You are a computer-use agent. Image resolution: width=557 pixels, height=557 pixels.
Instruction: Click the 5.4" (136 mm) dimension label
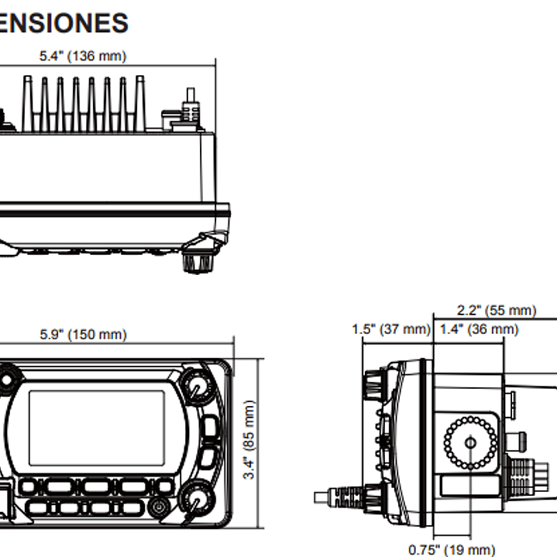[83, 56]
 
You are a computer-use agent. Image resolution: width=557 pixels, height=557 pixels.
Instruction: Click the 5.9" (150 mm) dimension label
[83, 335]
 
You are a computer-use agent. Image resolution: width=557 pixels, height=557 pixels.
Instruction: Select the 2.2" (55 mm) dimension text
[496, 311]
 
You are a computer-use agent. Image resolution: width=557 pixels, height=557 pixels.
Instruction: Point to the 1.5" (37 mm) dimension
[390, 329]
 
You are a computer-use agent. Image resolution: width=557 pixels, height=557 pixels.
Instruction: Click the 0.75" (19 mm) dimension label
[452, 550]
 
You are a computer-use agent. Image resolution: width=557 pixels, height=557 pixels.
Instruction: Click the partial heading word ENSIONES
[64, 23]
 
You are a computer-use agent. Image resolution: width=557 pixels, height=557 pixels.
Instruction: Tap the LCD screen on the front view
[97, 428]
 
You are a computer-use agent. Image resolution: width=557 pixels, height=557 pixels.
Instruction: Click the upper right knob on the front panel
[198, 386]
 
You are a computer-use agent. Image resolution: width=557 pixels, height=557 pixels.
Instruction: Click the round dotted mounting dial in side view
[470, 442]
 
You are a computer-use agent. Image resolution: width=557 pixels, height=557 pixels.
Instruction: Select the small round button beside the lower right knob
[159, 508]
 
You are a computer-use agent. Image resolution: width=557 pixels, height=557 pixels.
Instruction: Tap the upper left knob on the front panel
[7, 380]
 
